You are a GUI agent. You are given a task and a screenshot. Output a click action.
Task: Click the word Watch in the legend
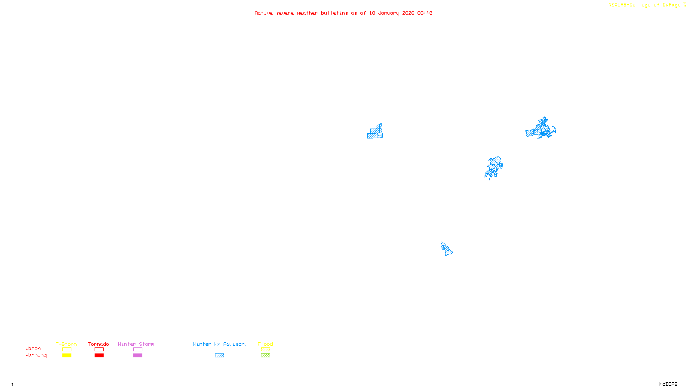click(33, 349)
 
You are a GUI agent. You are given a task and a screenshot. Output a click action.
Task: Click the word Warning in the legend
click(36, 355)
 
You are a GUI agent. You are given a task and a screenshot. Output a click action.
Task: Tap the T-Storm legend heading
click(66, 344)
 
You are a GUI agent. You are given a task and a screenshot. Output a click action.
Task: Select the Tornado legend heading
click(98, 344)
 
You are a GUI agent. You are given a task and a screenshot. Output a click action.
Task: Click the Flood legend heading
click(265, 344)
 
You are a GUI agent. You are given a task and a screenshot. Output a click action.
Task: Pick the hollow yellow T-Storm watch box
click(67, 350)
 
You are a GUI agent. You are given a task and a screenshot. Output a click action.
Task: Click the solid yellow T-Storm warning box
click(67, 356)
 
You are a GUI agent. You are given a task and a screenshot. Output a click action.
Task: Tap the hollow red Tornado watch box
click(99, 350)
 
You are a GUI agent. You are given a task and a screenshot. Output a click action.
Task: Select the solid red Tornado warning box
click(99, 356)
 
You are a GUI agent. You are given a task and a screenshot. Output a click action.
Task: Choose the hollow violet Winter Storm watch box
click(138, 350)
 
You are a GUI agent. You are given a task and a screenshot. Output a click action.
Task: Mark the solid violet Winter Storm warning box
click(138, 356)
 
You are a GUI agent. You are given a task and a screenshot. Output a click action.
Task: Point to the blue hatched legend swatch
click(219, 356)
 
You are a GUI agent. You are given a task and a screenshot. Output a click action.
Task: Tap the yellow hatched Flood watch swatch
click(265, 350)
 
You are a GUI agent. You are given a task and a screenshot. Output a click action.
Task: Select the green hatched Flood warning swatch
click(265, 356)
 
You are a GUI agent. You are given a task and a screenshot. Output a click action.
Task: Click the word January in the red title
click(389, 13)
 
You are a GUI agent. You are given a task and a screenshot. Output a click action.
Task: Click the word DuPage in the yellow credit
click(671, 5)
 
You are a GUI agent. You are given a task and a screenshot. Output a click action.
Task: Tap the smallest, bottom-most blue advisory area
click(446, 249)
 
